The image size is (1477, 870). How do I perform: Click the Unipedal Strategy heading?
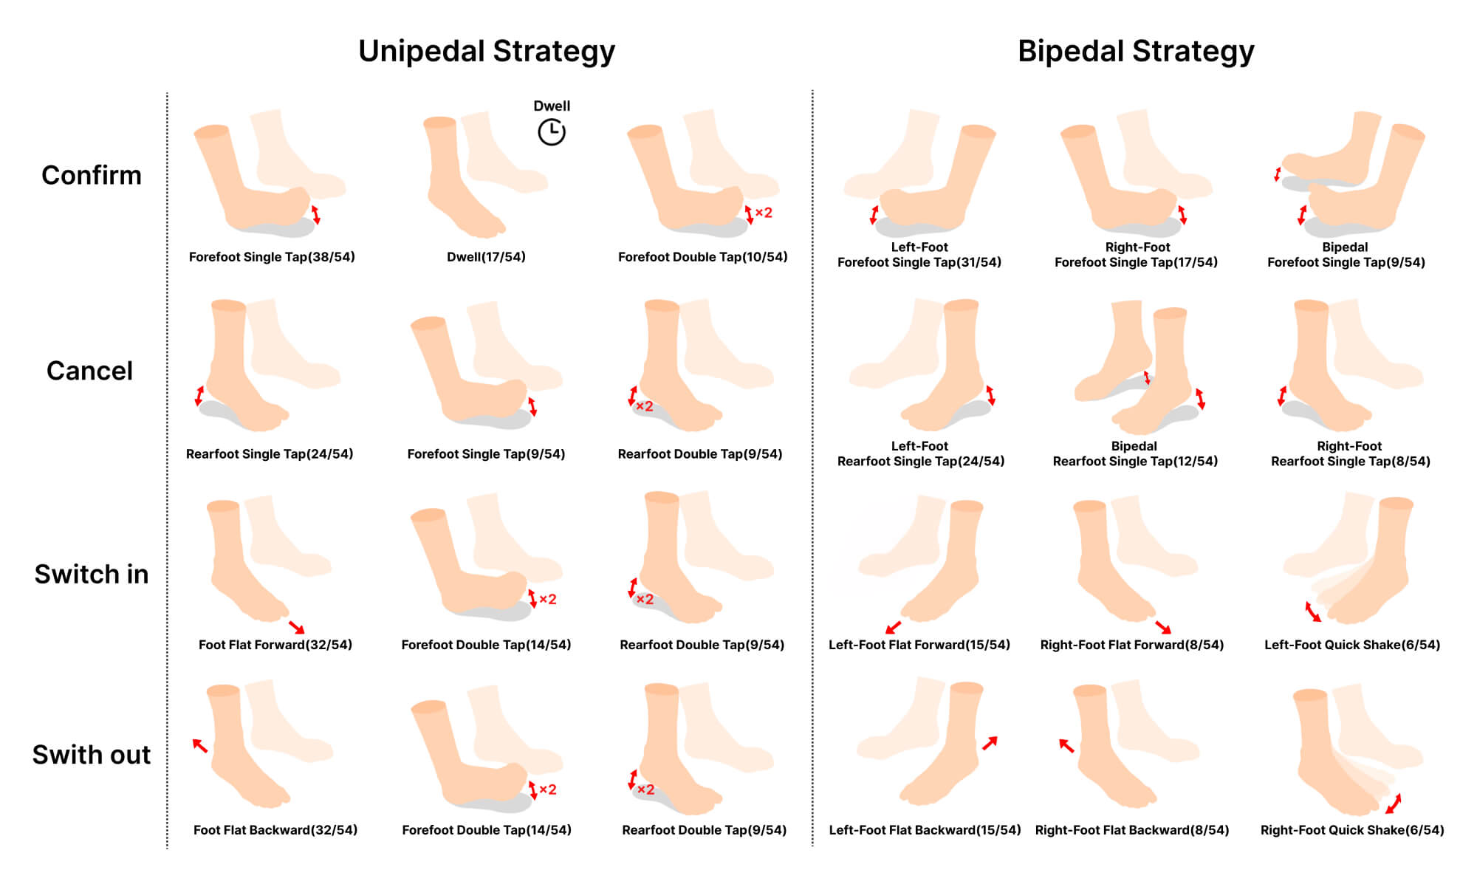pyautogui.click(x=487, y=52)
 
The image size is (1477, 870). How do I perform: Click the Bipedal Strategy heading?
pyautogui.click(x=1136, y=52)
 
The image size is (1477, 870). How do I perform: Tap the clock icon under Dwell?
pyautogui.click(x=552, y=132)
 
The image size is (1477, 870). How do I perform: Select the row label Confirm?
pyautogui.click(x=92, y=175)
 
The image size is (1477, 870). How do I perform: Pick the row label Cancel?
pyautogui.click(x=90, y=371)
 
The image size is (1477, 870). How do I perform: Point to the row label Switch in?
pyautogui.click(x=92, y=574)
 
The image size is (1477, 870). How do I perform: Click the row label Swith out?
pyautogui.click(x=92, y=755)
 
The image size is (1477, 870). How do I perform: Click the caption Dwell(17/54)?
pyautogui.click(x=486, y=257)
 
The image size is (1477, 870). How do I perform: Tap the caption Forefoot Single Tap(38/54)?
pyautogui.click(x=272, y=257)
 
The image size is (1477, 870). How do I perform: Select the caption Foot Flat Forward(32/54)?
pyautogui.click(x=275, y=645)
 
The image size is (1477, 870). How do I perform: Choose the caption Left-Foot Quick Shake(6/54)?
pyautogui.click(x=1352, y=645)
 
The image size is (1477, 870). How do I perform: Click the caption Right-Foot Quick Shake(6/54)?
pyautogui.click(x=1352, y=830)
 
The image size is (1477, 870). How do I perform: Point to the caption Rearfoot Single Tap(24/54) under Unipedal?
pyautogui.click(x=270, y=454)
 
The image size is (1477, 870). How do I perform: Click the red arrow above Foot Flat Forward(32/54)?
pyautogui.click(x=296, y=627)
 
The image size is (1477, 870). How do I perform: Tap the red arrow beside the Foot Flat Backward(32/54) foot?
pyautogui.click(x=200, y=745)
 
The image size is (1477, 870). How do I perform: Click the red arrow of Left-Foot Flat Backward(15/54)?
pyautogui.click(x=990, y=743)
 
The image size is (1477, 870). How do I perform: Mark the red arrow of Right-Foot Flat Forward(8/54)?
pyautogui.click(x=1163, y=627)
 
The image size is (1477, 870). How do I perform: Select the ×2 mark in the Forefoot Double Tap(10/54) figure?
pyautogui.click(x=764, y=213)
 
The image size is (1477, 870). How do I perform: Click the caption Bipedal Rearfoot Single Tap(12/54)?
pyautogui.click(x=1135, y=453)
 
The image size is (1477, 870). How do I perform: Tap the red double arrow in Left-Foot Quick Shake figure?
pyautogui.click(x=1312, y=612)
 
